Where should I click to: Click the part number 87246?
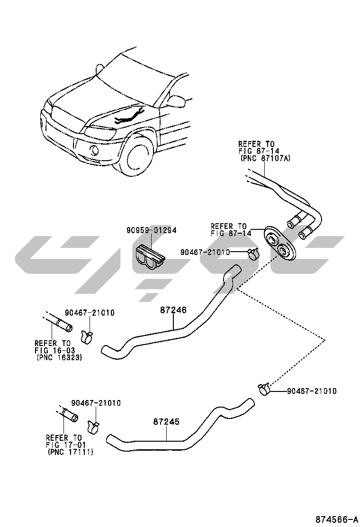click(173, 310)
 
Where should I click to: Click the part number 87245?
click(166, 421)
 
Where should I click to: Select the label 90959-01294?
click(151, 230)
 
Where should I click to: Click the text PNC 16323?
click(59, 358)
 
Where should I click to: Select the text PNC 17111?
click(71, 453)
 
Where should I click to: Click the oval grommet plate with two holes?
click(279, 243)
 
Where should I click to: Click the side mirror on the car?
click(176, 101)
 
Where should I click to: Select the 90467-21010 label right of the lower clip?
click(312, 391)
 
